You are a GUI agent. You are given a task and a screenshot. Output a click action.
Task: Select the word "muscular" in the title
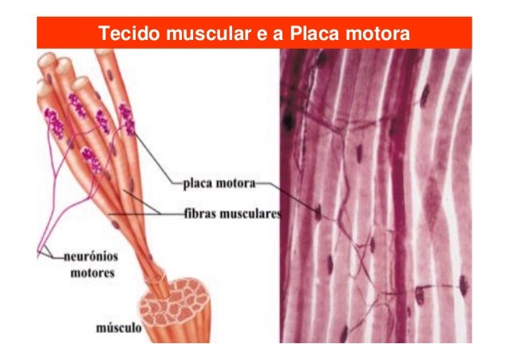pyautogui.click(x=197, y=34)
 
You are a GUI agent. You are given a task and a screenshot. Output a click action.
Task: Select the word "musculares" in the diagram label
pyautogui.click(x=248, y=214)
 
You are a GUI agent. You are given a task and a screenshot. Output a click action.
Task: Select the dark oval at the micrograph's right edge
pyautogui.click(x=463, y=283)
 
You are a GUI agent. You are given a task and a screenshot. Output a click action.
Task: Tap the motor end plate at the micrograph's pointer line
pyautogui.click(x=318, y=212)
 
